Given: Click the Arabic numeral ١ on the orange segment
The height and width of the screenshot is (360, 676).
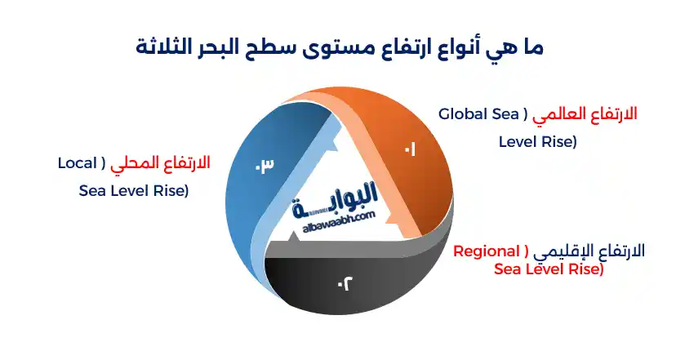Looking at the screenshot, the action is click(x=410, y=150).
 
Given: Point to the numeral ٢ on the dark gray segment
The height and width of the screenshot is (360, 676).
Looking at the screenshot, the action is click(x=345, y=284).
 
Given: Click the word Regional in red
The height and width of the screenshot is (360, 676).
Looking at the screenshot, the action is click(x=487, y=251).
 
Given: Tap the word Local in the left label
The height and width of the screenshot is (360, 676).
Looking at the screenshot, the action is click(x=78, y=163).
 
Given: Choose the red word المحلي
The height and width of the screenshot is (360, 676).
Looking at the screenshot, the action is click(x=129, y=164).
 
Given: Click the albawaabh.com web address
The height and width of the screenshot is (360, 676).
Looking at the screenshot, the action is click(x=339, y=222).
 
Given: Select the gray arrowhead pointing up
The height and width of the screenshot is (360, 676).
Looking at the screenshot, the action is click(x=293, y=236).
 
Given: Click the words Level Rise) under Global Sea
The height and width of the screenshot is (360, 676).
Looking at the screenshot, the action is click(x=537, y=142).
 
